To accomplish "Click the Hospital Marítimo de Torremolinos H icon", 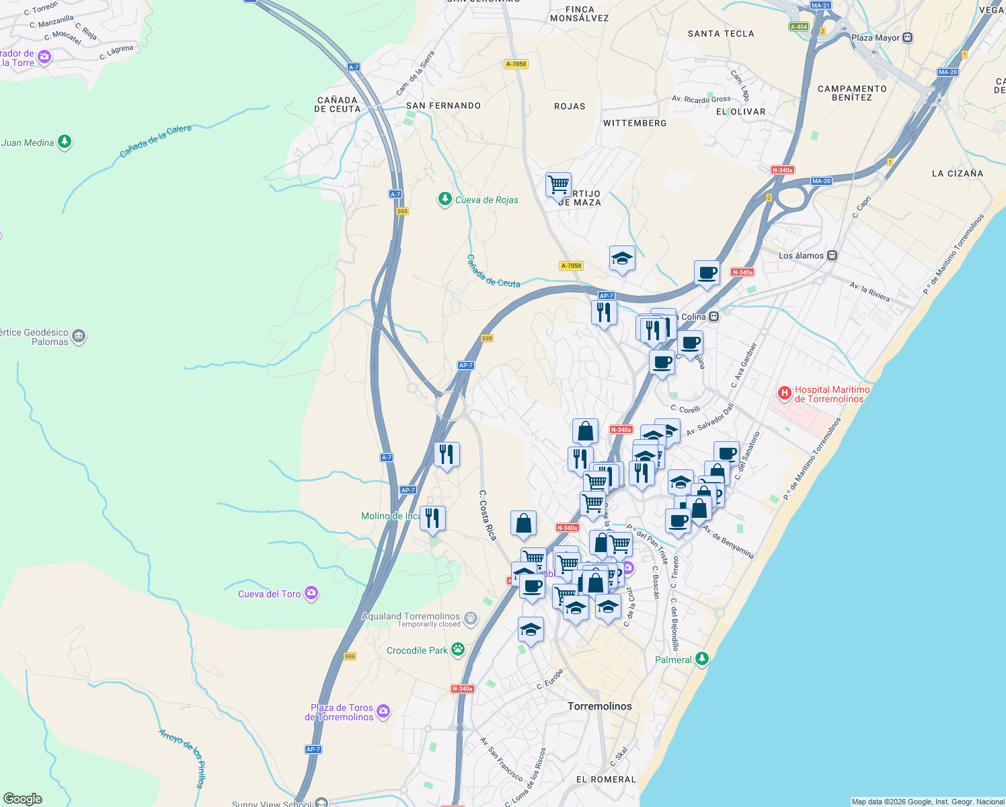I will [784, 393].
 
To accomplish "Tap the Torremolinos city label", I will [600, 706].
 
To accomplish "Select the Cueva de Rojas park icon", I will [444, 199].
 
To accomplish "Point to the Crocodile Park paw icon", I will [458, 650].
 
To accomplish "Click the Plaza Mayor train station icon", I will [908, 38].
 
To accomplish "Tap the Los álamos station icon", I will [833, 256].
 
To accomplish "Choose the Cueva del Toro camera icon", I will [311, 593].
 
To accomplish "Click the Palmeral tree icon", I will [702, 658].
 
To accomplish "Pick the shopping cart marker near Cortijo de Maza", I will [558, 184].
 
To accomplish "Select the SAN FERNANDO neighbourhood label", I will [443, 106].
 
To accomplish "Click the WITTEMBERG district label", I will [635, 123].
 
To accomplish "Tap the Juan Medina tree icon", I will [65, 142].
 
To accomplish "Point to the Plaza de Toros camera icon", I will [383, 712].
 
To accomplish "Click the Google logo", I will [22, 799].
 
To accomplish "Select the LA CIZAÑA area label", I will [958, 174].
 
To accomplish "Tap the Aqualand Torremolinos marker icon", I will [471, 617].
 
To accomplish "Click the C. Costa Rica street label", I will [488, 515].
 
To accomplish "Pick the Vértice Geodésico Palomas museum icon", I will [79, 336].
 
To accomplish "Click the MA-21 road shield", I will [820, 5].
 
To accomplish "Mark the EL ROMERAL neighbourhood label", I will [606, 779].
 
